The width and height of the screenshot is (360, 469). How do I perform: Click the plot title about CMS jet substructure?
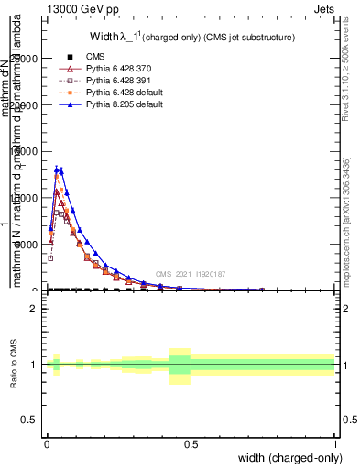click(191, 37)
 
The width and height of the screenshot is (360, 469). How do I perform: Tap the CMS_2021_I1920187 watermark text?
click(190, 274)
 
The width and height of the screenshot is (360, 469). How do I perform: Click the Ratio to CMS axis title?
click(13, 365)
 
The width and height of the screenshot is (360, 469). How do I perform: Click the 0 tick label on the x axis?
click(46, 442)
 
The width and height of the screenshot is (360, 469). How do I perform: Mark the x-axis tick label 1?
click(334, 442)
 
